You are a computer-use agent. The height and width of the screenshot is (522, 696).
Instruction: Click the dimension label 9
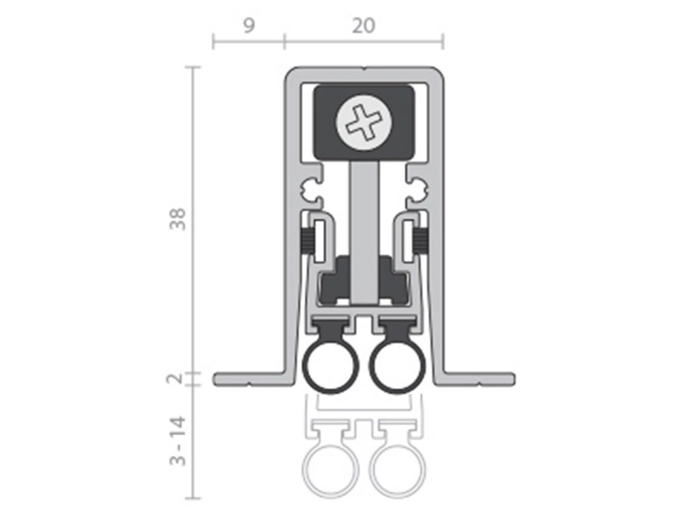(249, 26)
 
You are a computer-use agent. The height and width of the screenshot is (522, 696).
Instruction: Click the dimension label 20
(364, 26)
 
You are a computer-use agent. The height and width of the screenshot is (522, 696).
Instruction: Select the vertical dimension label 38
(178, 218)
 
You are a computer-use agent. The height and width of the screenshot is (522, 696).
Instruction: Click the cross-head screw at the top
(364, 122)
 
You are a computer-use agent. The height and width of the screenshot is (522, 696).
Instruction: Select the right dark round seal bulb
(396, 367)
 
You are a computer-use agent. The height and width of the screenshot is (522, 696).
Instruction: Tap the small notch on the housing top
(364, 69)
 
